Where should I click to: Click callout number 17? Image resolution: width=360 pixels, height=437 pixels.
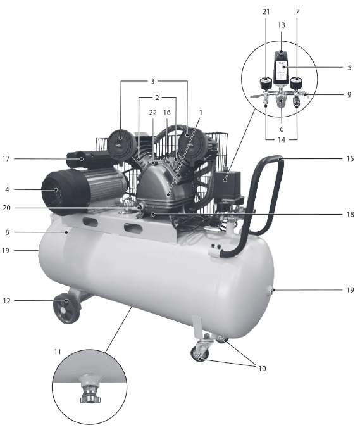[6, 158]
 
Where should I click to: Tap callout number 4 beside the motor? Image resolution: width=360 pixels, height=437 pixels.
[7, 189]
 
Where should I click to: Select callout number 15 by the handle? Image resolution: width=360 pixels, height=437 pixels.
[350, 158]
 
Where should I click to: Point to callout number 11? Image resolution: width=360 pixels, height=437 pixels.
[58, 351]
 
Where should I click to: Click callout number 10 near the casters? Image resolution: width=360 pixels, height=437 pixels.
[262, 369]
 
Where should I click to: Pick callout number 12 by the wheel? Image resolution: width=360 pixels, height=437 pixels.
[6, 301]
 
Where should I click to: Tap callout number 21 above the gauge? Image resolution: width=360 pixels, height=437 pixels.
[266, 11]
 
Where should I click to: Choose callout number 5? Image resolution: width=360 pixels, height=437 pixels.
[349, 67]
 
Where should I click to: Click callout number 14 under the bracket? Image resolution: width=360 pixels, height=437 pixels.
[282, 139]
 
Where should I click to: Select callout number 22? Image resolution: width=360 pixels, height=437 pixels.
[153, 113]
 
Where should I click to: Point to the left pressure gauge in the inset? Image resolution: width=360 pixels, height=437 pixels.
[266, 83]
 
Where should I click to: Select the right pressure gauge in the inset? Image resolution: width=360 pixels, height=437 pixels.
[296, 83]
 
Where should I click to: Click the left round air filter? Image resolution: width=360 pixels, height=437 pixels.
[120, 144]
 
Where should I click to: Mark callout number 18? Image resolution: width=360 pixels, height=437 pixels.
[350, 214]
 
